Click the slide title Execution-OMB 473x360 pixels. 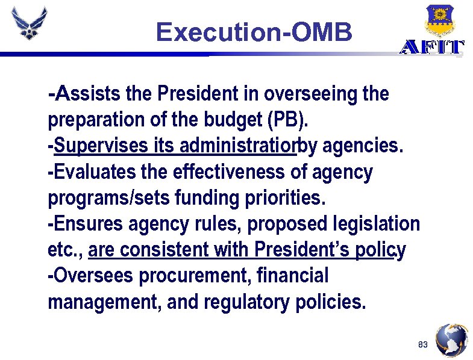[254, 33]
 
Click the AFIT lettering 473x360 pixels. [432, 48]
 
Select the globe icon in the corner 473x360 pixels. [451, 341]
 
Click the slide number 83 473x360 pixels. [422, 345]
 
